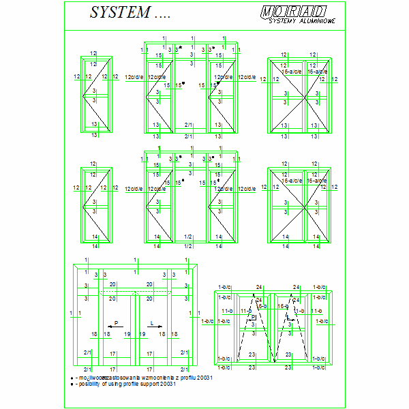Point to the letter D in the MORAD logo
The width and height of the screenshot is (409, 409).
click(319, 12)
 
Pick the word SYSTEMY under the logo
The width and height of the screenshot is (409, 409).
click(284, 21)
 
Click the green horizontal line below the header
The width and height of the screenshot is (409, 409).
click(204, 29)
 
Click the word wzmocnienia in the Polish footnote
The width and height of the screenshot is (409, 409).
click(139, 377)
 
